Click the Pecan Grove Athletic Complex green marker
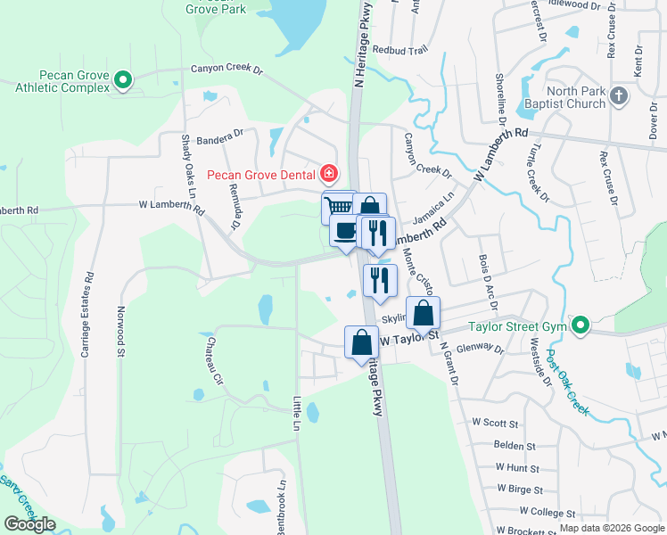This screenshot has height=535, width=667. (x=124, y=82)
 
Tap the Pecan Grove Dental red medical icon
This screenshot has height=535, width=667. (x=329, y=172)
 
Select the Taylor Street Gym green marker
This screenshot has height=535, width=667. (x=581, y=326)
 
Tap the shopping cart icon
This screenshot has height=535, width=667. (x=337, y=208)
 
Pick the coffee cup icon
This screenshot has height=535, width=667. (x=345, y=232)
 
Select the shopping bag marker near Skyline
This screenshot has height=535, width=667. (x=423, y=314)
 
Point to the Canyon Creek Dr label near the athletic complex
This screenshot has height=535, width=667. (x=227, y=68)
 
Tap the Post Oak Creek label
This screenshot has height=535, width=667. (x=569, y=379)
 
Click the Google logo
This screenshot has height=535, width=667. (x=29, y=524)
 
